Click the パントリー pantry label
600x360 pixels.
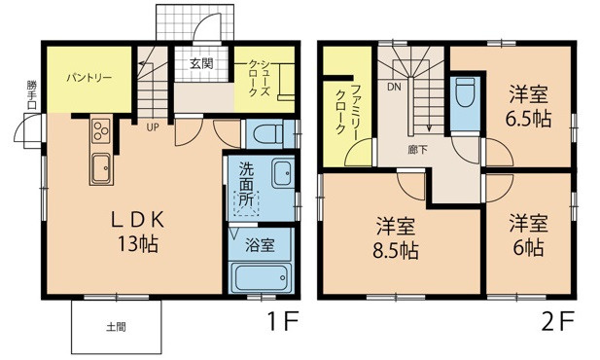coord(88,75)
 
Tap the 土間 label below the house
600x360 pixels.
coord(115,327)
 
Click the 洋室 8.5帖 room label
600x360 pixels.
coord(397,239)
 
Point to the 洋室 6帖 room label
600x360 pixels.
coord(526,234)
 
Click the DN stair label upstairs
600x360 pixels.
coord(394,87)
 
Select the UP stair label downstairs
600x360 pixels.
coord(153,126)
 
